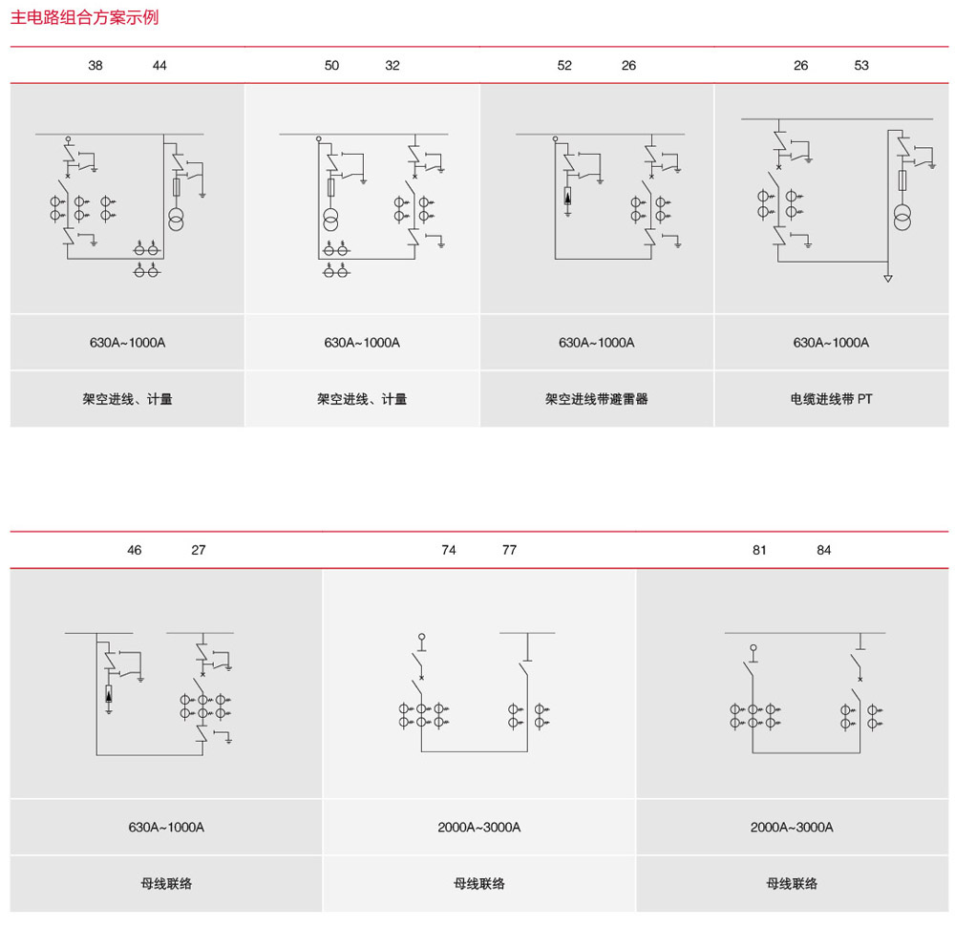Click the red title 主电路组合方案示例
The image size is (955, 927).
[85, 17]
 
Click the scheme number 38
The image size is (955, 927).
[95, 65]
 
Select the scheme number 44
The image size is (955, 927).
[159, 65]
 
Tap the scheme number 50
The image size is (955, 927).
[331, 65]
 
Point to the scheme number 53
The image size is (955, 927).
[861, 65]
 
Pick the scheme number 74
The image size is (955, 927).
[448, 550]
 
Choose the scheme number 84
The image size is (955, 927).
[823, 550]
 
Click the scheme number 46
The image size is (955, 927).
[134, 550]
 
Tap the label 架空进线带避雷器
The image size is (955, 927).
[596, 399]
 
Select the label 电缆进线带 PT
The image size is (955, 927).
[831, 399]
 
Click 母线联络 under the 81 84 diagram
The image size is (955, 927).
[792, 883]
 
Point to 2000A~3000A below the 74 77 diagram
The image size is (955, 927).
[478, 827]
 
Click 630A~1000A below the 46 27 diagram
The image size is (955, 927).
[166, 827]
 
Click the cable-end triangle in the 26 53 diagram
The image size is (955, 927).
[888, 278]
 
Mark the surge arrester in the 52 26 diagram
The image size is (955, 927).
[567, 197]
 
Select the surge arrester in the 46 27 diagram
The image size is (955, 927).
[109, 694]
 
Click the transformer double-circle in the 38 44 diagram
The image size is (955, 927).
[176, 220]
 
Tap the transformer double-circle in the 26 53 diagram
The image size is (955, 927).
[902, 218]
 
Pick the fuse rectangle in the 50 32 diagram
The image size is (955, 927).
[330, 187]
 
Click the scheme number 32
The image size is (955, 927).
[393, 65]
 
